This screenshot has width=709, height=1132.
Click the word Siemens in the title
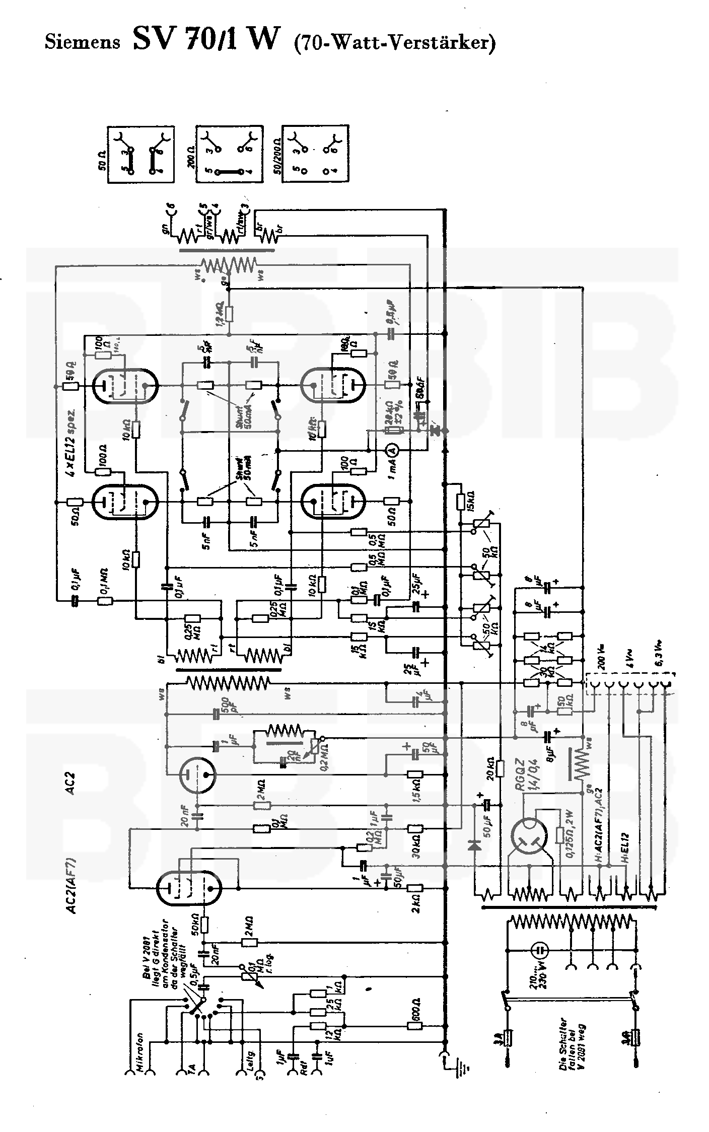[x=83, y=41]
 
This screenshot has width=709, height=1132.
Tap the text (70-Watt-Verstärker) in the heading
[x=394, y=42]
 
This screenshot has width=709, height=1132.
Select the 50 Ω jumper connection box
[x=140, y=154]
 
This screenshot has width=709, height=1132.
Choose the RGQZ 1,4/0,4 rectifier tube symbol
[x=528, y=838]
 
